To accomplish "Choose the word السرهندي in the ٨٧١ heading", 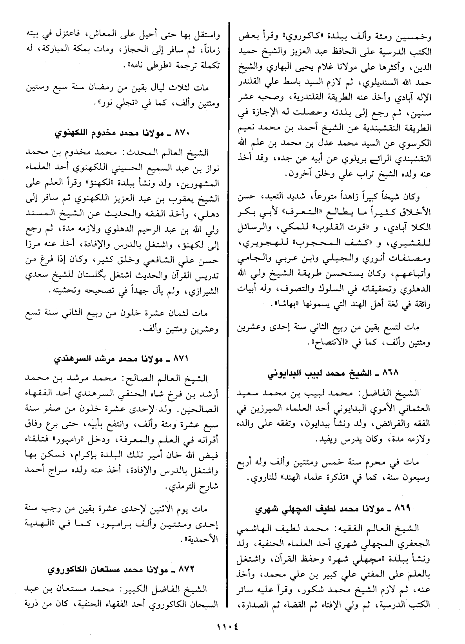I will click(x=69, y=358).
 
